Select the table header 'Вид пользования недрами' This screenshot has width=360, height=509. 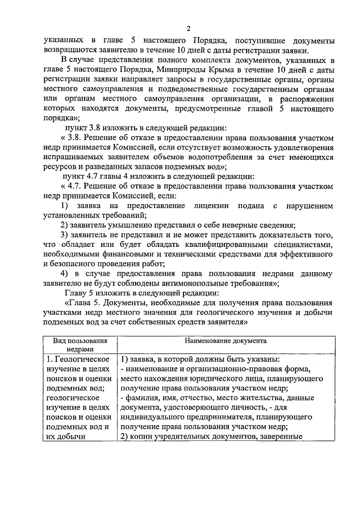tap(80, 344)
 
